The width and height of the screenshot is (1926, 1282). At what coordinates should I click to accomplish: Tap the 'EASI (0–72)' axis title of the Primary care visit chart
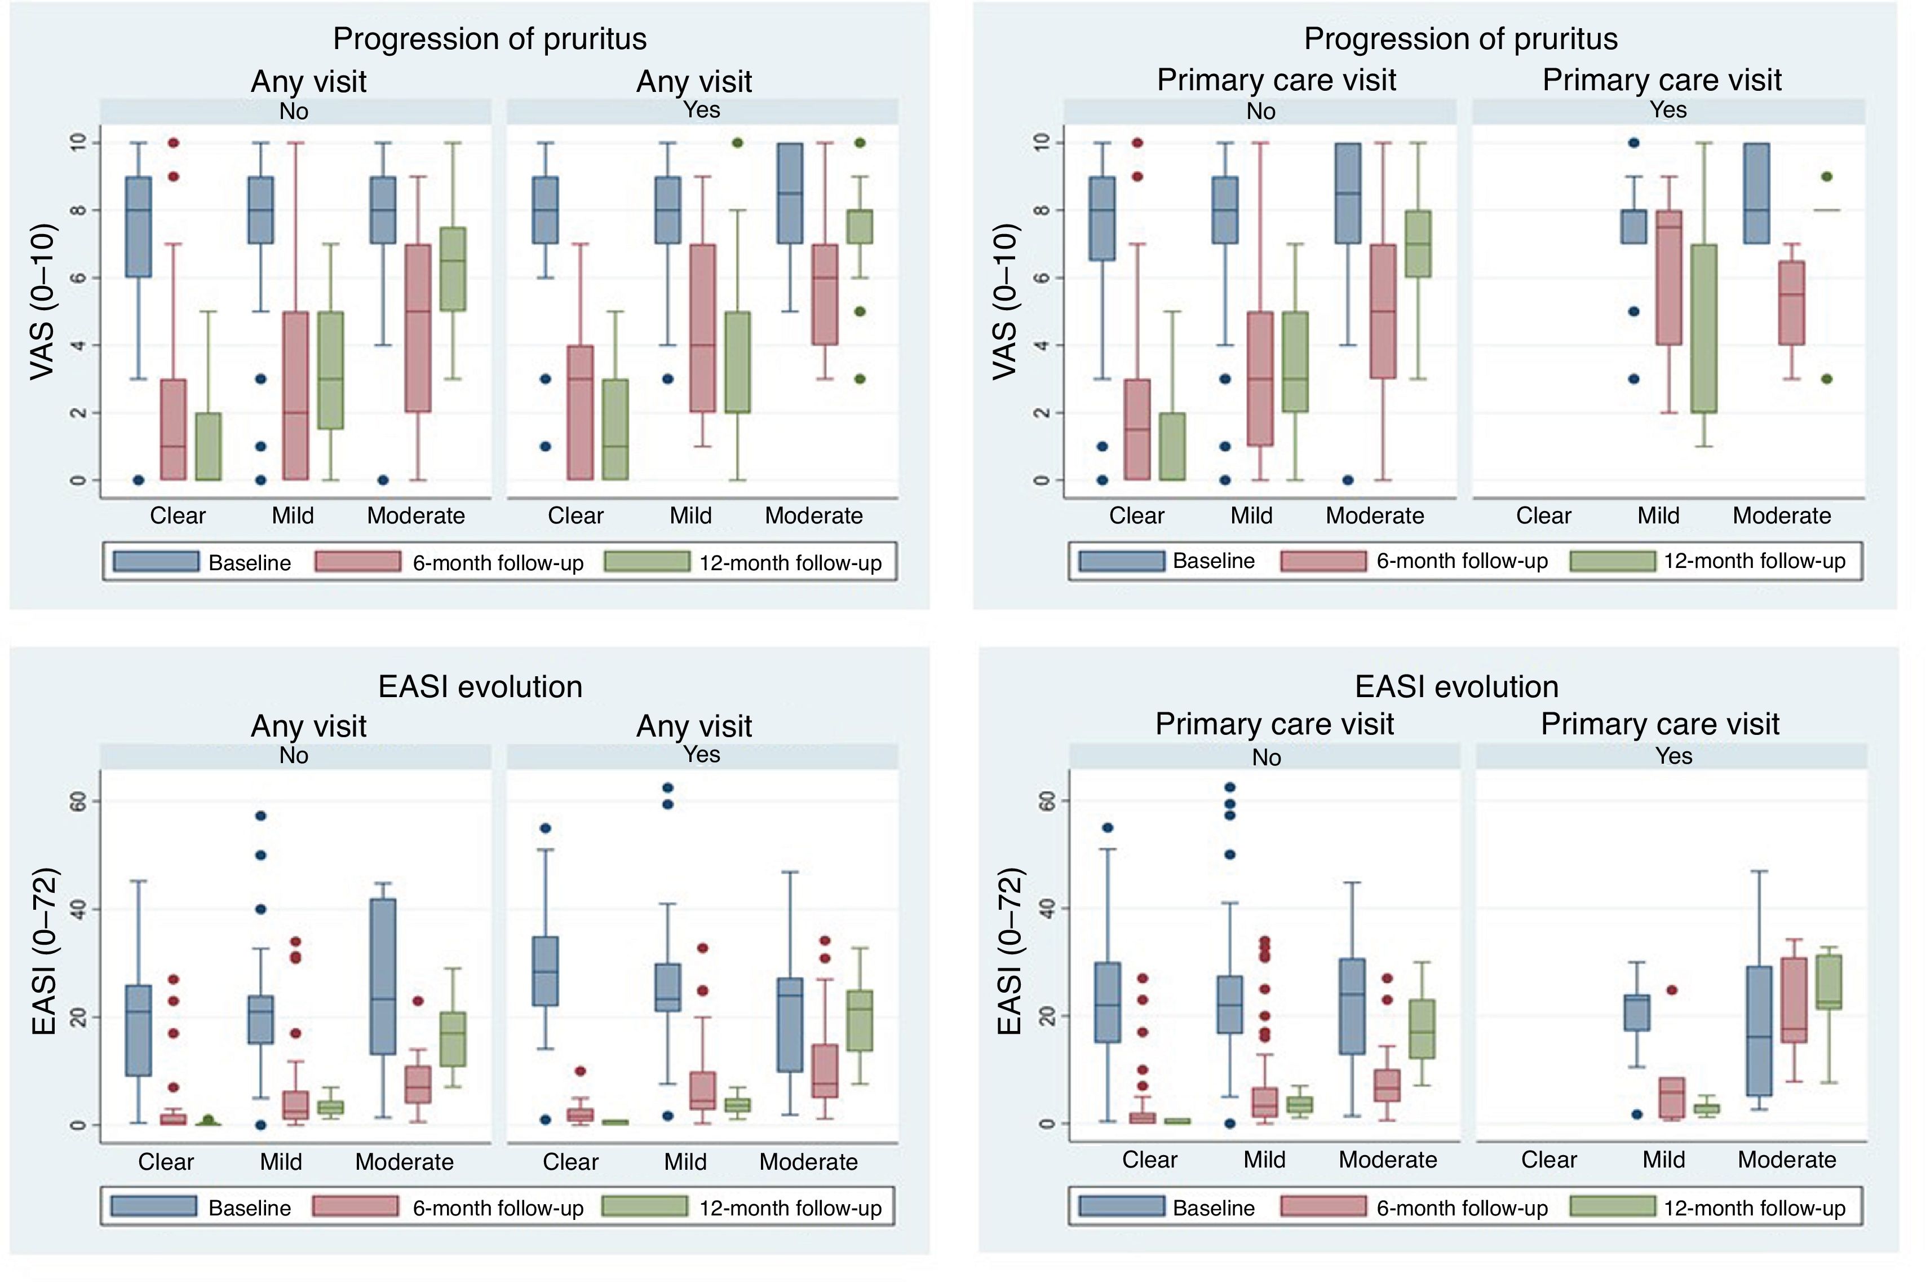pyautogui.click(x=1010, y=951)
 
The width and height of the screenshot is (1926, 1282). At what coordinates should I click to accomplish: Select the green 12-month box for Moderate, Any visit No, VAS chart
pyautogui.click(x=453, y=269)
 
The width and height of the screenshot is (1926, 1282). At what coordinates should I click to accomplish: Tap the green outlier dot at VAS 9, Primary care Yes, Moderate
pyautogui.click(x=1827, y=177)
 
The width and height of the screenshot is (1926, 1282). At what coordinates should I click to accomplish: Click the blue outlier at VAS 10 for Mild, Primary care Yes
pyautogui.click(x=1633, y=143)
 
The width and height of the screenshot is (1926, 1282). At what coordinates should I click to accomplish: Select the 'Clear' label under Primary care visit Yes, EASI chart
pyautogui.click(x=1548, y=1160)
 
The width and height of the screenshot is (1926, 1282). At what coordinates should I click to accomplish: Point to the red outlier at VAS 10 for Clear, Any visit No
pyautogui.click(x=173, y=143)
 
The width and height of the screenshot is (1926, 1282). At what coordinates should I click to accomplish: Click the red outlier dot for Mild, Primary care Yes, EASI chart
pyautogui.click(x=1672, y=990)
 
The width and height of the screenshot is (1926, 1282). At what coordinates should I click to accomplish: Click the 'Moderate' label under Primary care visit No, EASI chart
pyautogui.click(x=1388, y=1160)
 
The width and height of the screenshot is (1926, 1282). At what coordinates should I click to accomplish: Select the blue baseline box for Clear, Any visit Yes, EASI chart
pyautogui.click(x=545, y=971)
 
